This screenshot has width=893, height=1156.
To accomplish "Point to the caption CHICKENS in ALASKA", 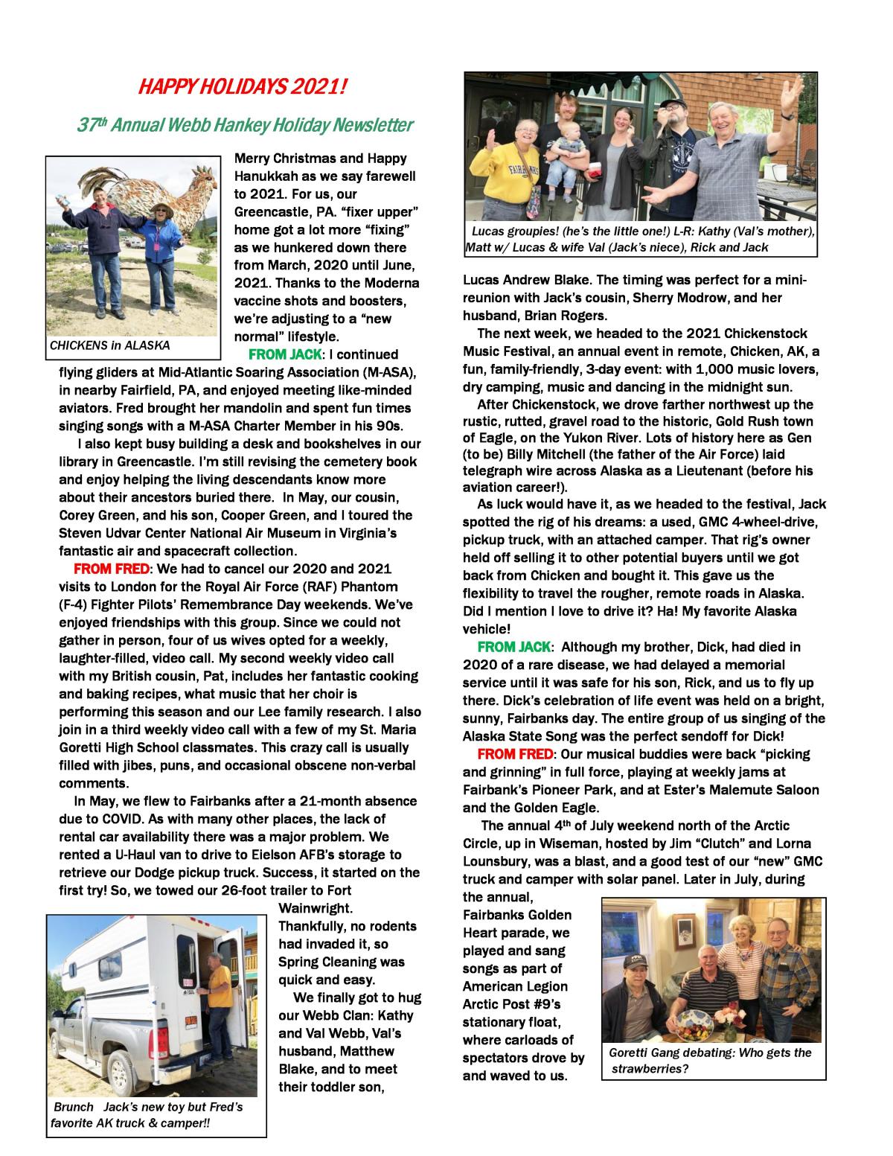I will click(109, 345).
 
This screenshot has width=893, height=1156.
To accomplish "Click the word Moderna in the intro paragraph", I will click(388, 283).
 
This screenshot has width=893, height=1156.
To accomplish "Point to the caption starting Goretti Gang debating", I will click(710, 1053).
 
